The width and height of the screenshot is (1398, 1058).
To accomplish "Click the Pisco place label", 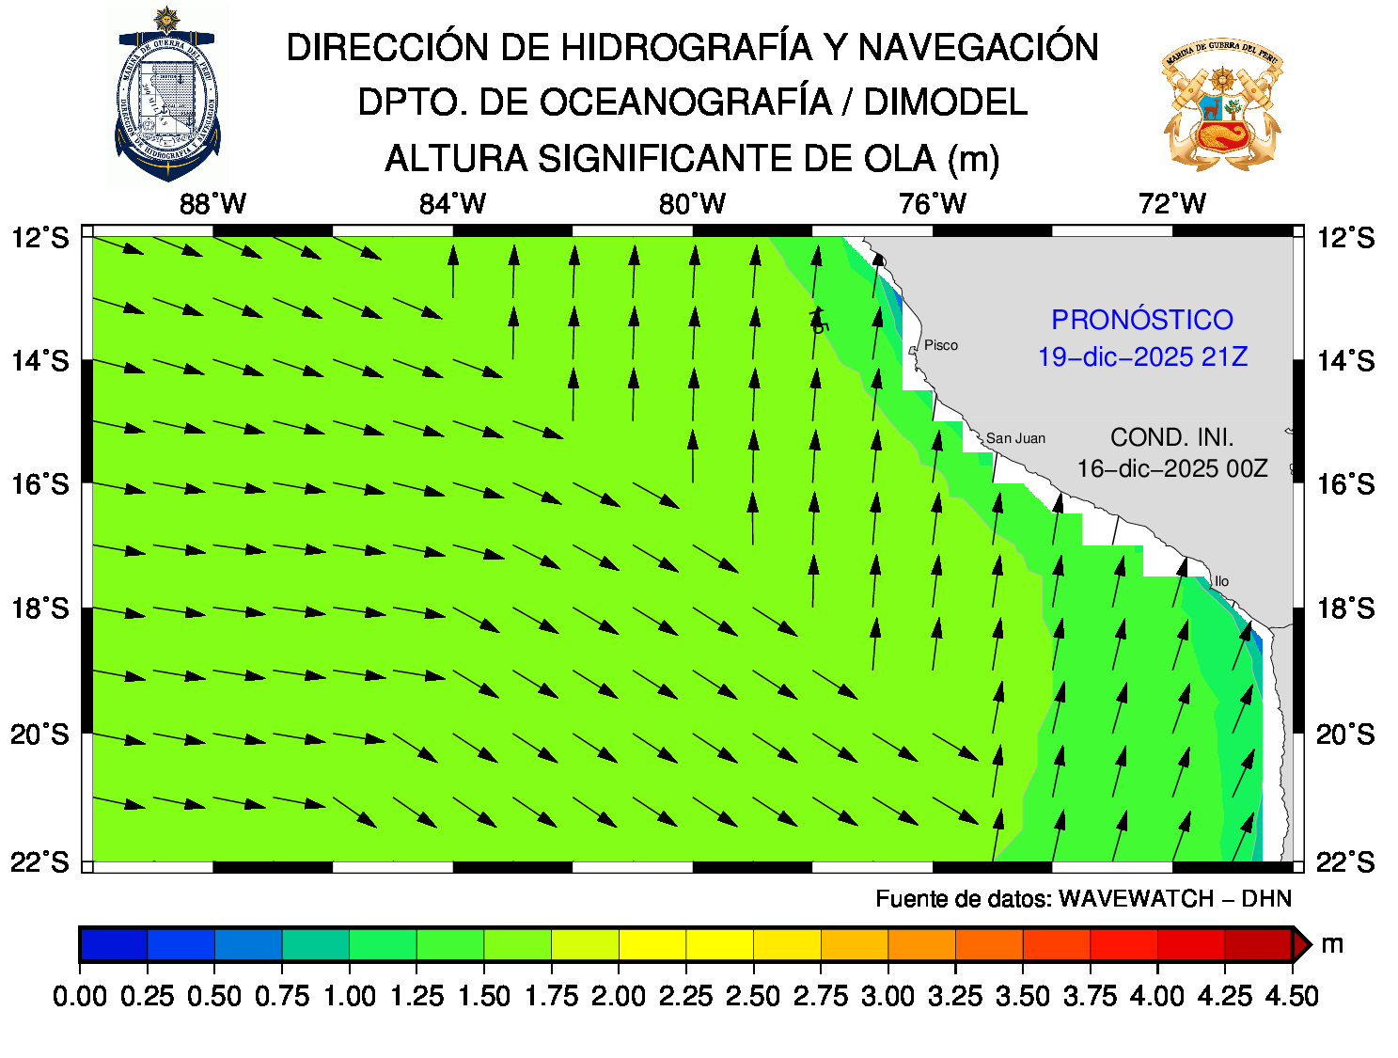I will tap(940, 345).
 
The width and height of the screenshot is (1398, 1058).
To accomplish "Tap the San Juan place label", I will tap(1015, 438).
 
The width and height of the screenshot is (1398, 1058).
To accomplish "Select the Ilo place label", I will tap(1221, 581).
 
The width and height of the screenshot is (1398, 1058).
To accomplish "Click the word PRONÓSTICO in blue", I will tap(1141, 321).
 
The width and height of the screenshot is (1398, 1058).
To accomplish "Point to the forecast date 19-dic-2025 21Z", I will tap(1142, 357).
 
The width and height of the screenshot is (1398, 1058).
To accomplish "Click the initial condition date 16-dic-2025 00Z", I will tap(1171, 468).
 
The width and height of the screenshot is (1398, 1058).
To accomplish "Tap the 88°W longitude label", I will tap(212, 204).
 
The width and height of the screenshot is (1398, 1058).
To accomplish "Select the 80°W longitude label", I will tap(692, 204).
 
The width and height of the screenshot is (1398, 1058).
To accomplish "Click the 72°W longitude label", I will tap(1171, 204).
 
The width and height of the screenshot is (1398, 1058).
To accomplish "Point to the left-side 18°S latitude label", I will tap(40, 608).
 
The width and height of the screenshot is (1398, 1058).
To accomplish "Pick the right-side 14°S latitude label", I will tap(1345, 361).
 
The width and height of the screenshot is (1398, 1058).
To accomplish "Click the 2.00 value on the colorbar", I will tap(618, 996).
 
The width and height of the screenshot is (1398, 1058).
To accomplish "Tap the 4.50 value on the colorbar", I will tap(1292, 996).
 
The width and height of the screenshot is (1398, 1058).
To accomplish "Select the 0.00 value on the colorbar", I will tap(80, 996).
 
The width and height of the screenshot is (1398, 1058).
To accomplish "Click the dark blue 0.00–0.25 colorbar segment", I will tap(114, 944).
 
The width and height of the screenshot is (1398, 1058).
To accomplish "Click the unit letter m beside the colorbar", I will tap(1332, 944).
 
